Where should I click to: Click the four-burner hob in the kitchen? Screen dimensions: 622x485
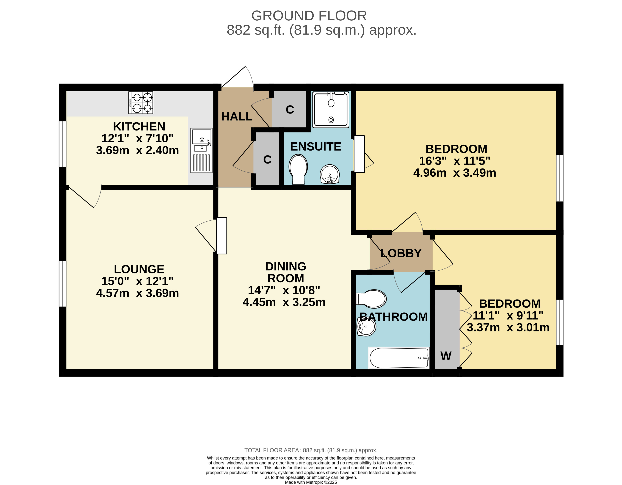141,102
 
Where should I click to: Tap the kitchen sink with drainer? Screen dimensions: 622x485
201,150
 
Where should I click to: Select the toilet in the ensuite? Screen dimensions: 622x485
298,169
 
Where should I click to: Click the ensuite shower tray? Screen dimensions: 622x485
331,110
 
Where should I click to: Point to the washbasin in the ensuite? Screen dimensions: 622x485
330,174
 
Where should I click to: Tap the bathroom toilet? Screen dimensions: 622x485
371,299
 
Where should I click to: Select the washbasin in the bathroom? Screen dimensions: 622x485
366,326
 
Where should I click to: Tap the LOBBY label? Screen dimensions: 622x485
401,253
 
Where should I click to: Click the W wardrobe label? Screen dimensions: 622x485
446,356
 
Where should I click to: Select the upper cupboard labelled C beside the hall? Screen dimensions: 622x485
290,110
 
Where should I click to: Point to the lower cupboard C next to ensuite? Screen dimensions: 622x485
267,159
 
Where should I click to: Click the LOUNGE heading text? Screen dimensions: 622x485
139,269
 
